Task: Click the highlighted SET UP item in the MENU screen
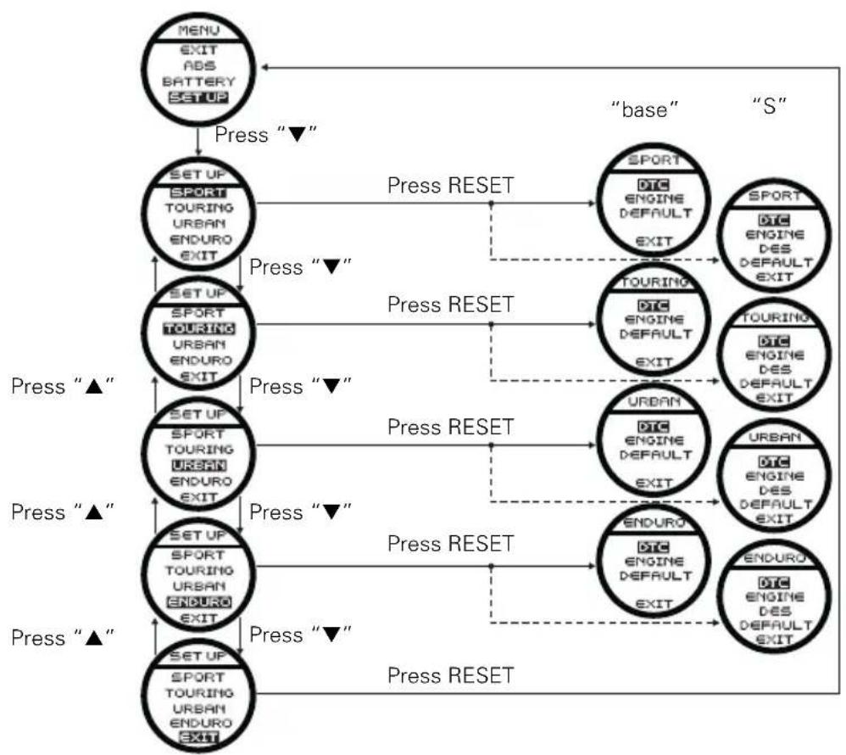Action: (x=198, y=98)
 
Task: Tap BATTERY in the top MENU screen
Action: (x=199, y=81)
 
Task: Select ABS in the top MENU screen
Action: (x=199, y=66)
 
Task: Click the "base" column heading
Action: (x=644, y=109)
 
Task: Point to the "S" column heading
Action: (x=770, y=106)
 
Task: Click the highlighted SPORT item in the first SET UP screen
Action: (x=198, y=193)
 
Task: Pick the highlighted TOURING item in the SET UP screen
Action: (x=199, y=328)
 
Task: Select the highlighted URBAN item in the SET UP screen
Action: (x=199, y=466)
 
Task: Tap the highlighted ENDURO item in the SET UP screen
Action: (x=199, y=601)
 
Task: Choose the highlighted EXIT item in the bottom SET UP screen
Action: (x=198, y=737)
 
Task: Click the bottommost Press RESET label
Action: (x=450, y=675)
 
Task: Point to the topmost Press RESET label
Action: (x=450, y=185)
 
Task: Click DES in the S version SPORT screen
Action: (x=775, y=249)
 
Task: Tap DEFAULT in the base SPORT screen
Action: (x=655, y=213)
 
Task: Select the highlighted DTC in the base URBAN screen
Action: (x=653, y=427)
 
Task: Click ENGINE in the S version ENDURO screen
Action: (x=775, y=596)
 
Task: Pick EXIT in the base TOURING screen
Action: (x=654, y=362)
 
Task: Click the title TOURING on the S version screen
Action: (x=775, y=317)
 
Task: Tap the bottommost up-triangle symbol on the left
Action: (x=94, y=638)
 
